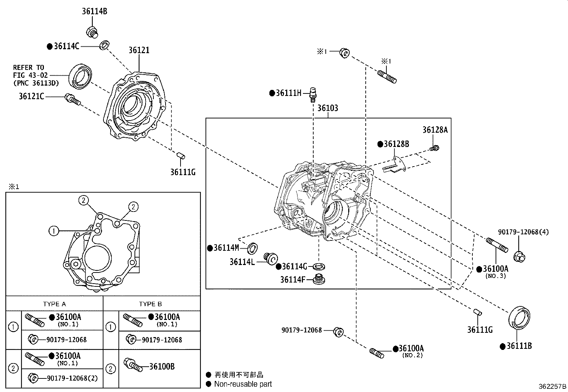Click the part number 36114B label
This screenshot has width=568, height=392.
coord(95,11)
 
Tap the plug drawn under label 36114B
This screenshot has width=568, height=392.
coord(92,31)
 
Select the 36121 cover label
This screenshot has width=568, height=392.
coord(139,50)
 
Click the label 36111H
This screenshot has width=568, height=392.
coord(289,93)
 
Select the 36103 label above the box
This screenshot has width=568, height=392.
coord(328,108)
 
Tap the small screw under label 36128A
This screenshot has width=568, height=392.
coord(435,148)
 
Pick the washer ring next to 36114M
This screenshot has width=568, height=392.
coord(253,248)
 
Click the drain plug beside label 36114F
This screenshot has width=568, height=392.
coord(319,279)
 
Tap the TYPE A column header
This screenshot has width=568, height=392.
coord(54,304)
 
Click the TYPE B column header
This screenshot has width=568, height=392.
coord(150,304)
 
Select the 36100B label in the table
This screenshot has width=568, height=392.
coord(162,366)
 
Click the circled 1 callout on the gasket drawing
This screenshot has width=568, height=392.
coord(53,231)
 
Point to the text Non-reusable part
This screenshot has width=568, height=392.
coord(243,384)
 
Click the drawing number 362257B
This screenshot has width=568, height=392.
coord(552,386)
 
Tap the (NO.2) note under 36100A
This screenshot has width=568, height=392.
coord(412,355)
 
